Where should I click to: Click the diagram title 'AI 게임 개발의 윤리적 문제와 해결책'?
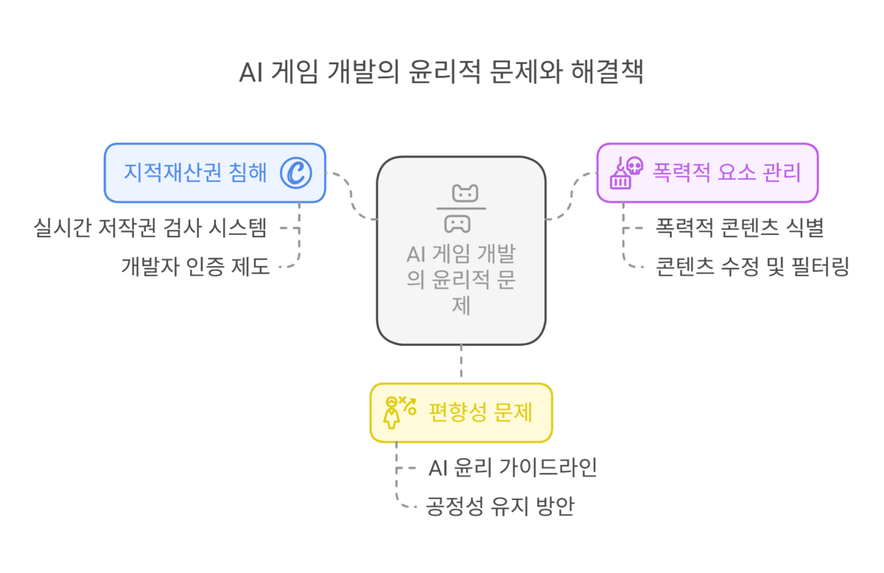[x=441, y=74]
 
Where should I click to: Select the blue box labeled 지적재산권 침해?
[x=214, y=172]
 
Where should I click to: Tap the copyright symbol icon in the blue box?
[x=296, y=172]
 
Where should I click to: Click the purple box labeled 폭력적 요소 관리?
[x=706, y=172]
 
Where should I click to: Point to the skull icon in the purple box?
[x=633, y=166]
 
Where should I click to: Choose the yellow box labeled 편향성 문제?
[x=460, y=412]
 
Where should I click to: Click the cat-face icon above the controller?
[x=465, y=194]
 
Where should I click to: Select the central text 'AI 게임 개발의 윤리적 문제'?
[x=461, y=280]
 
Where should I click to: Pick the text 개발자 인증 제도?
[x=196, y=266]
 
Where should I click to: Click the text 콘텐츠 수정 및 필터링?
[x=752, y=266]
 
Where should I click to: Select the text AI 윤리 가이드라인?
[x=512, y=468]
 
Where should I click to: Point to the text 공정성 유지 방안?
[x=499, y=506]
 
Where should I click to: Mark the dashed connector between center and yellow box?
[x=461, y=364]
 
